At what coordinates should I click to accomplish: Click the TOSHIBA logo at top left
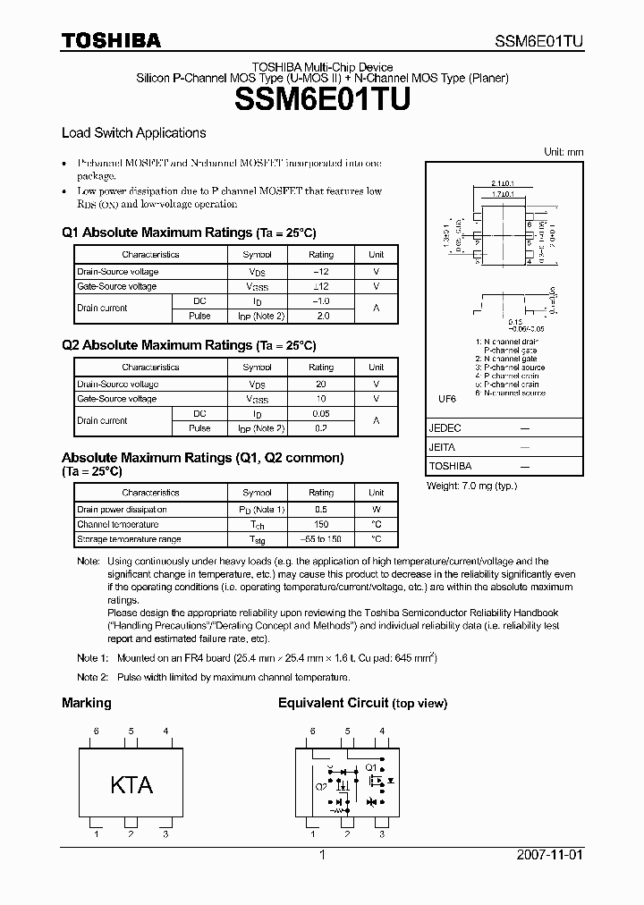coord(111,40)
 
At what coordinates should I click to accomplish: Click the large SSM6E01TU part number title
coord(322,100)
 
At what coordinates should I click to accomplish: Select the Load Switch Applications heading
coord(133,132)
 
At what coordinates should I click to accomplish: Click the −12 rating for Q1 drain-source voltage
coord(321,271)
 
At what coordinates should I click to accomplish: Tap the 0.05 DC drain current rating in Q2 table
coord(321,413)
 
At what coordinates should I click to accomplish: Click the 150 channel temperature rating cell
coord(321,524)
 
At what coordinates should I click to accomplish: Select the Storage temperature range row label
coord(129,539)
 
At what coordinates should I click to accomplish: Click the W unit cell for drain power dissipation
coord(377,509)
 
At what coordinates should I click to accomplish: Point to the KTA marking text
coord(131,785)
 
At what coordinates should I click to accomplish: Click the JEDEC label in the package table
coord(445,427)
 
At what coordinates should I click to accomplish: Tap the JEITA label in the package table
coord(442,447)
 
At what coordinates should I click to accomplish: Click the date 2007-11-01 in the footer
coord(549,855)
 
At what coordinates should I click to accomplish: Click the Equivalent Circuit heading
coord(333,703)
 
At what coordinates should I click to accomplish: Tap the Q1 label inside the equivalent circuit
coord(369,766)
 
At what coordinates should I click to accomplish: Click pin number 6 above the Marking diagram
coord(96,732)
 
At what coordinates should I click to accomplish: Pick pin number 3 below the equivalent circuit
coord(382,834)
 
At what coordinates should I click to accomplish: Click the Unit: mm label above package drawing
coord(563,152)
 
